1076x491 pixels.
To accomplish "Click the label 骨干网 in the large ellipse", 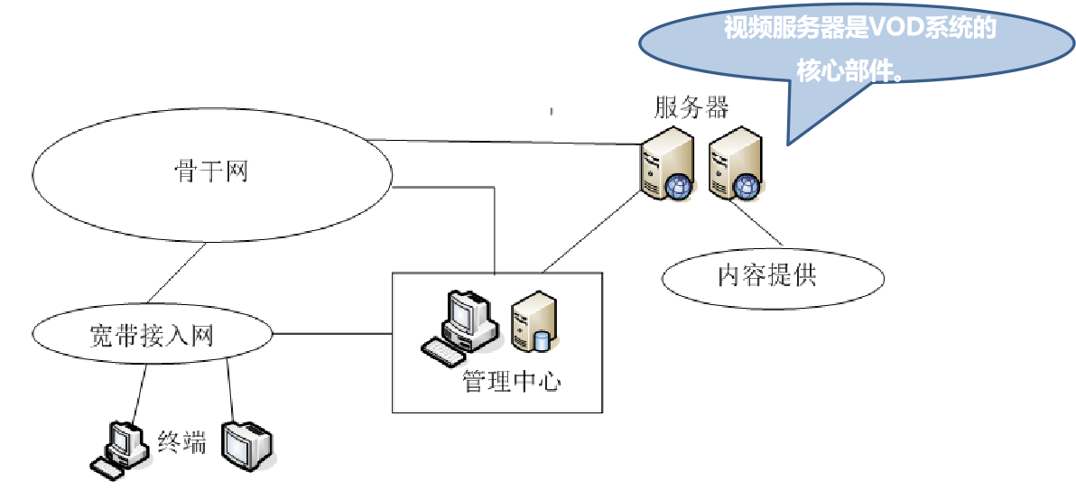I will [211, 171].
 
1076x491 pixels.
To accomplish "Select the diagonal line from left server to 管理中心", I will [592, 231].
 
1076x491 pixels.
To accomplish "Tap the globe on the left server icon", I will [679, 186].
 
